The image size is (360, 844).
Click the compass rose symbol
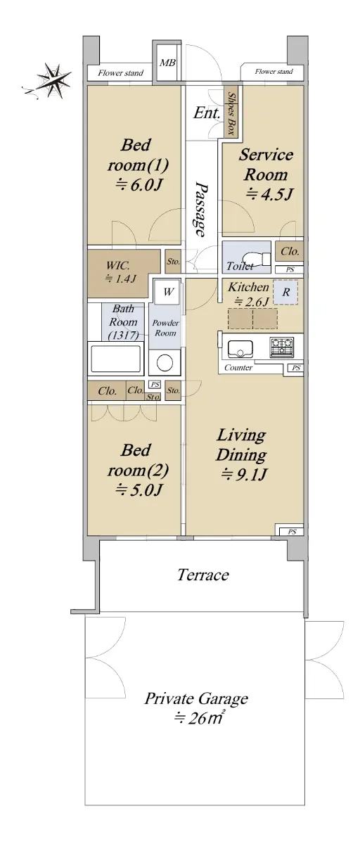53,81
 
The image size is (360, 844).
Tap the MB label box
167,63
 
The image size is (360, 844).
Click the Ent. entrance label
206,113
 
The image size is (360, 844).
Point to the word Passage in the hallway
200,210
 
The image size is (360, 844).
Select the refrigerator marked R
285,293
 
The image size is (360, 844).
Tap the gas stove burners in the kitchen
282,347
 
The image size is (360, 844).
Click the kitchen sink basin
240,350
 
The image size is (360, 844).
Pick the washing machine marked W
168,292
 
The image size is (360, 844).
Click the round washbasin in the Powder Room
165,363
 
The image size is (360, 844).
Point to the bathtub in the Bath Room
115,358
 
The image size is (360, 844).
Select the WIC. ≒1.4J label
120,272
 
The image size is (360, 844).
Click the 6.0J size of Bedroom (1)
139,185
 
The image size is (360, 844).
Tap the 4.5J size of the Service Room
269,194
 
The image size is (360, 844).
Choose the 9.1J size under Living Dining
244,475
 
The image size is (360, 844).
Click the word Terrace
203,575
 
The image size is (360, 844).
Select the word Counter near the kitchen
238,367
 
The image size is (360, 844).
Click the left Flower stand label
120,73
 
